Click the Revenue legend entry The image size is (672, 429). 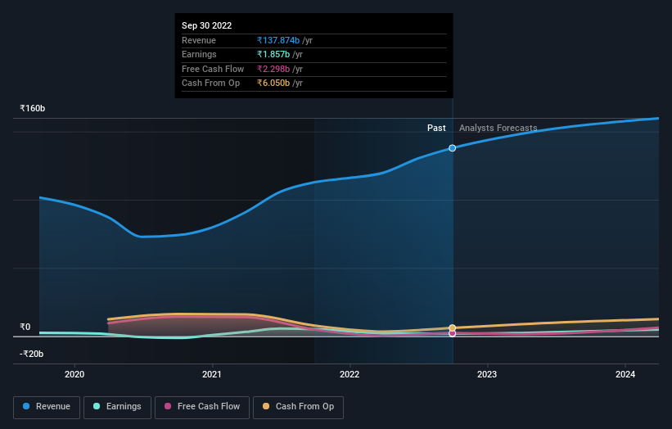[x=47, y=406]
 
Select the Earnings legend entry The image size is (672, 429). [x=117, y=406]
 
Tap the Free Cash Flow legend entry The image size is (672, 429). [x=202, y=406]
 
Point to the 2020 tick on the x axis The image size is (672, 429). [x=74, y=375]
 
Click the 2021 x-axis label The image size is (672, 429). [x=212, y=375]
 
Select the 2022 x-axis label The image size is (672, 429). [x=350, y=375]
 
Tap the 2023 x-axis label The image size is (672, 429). [x=487, y=375]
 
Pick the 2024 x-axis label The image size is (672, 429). [x=625, y=375]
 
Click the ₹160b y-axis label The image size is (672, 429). [x=33, y=108]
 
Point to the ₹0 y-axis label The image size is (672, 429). [x=25, y=327]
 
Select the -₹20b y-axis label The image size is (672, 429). [x=31, y=354]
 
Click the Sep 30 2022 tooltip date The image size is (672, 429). [x=206, y=25]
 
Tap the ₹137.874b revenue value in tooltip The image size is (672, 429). [x=278, y=40]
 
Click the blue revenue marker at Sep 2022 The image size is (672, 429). [x=453, y=148]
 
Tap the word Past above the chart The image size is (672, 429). [x=436, y=128]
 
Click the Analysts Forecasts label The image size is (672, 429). [x=498, y=128]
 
